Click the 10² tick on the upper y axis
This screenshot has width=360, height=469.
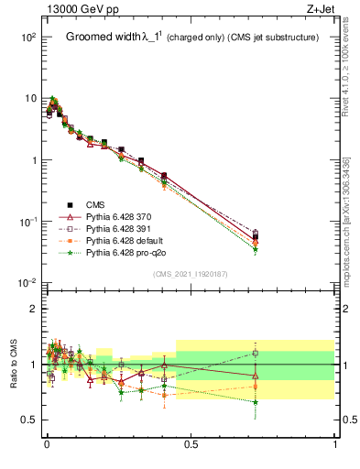pyautogui.click(x=27, y=37)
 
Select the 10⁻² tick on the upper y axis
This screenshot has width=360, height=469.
pyautogui.click(x=27, y=283)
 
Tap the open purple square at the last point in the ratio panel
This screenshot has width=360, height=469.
pyautogui.click(x=256, y=353)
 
